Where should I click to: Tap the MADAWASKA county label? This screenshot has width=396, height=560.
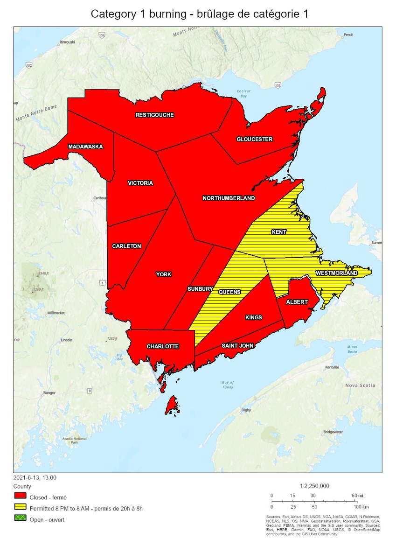pos(85,147)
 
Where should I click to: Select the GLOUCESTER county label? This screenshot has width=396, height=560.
pos(254,139)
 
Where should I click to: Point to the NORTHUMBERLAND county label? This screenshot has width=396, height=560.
pos(229,198)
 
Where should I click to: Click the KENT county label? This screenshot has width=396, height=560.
pos(279,232)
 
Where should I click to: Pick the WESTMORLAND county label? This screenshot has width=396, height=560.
pos(336,273)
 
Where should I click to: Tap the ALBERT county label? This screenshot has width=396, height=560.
pos(297,302)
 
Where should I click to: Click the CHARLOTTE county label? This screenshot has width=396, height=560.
pos(162,346)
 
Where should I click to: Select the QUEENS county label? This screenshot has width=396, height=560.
pos(229,292)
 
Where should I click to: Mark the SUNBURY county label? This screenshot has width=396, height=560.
pos(200,289)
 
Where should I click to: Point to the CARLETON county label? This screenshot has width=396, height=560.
pos(126,246)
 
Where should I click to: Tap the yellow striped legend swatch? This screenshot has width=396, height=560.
pos(21,508)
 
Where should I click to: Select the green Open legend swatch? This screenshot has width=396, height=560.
pos(21,519)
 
